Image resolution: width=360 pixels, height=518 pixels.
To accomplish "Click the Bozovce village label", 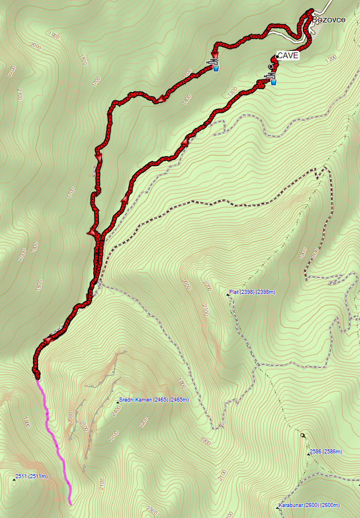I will pyautogui.click(x=329, y=20).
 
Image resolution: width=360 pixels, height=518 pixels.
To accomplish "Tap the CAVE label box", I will pyautogui.click(x=288, y=55).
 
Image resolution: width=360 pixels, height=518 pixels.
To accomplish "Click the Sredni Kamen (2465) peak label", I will pyautogui.click(x=154, y=400).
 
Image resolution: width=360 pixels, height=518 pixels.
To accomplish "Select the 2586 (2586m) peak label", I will pyautogui.click(x=325, y=452).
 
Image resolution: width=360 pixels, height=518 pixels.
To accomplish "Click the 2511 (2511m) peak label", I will pyautogui.click(x=32, y=477).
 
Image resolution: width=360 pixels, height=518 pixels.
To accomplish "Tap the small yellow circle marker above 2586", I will pyautogui.click(x=302, y=435).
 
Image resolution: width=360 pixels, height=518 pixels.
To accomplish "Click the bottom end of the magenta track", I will pyautogui.click(x=70, y=504).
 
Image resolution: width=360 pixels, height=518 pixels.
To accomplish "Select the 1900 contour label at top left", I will pyautogui.click(x=54, y=36).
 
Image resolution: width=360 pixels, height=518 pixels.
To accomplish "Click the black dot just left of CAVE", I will pyautogui.click(x=270, y=67).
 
